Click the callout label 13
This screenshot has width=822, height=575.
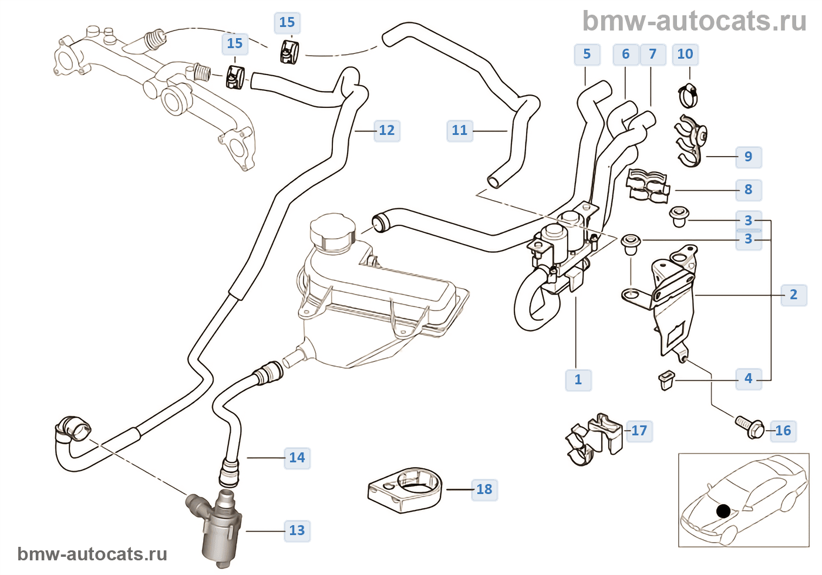(x=297, y=531)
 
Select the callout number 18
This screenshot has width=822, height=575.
(x=484, y=489)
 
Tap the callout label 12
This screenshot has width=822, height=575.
(x=387, y=130)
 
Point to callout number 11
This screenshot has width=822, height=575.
(x=460, y=130)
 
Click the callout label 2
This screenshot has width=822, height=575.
(x=794, y=295)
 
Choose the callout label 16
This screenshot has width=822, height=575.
(x=783, y=431)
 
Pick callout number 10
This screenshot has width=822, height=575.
(x=685, y=55)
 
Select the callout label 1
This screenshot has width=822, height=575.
(x=578, y=380)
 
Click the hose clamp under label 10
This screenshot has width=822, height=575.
(x=688, y=96)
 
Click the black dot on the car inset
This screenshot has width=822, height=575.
(x=723, y=511)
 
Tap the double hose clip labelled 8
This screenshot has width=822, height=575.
(x=648, y=185)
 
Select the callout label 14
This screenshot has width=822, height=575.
(x=297, y=458)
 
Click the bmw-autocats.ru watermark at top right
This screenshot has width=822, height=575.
(x=695, y=22)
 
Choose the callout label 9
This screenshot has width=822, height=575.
(x=748, y=157)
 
